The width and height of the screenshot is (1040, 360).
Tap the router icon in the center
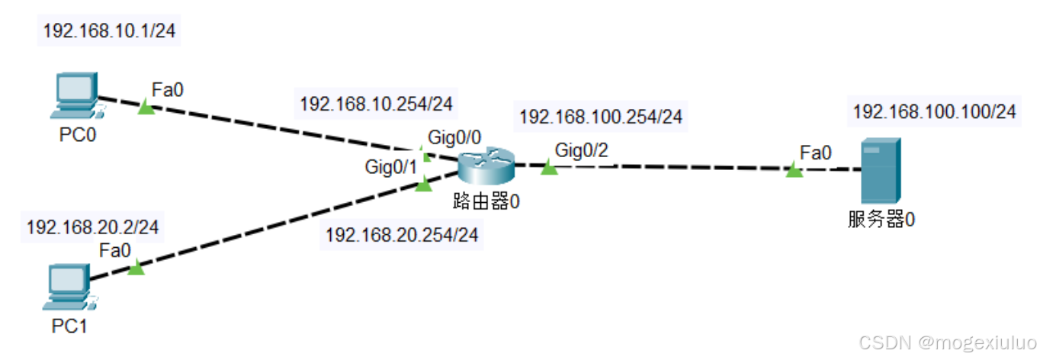[486, 167]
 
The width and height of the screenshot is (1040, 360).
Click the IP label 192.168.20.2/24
[93, 227]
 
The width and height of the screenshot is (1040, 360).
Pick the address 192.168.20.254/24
[402, 236]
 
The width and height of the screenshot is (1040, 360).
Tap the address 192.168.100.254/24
[600, 117]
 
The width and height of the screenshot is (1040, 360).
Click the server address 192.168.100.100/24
[934, 111]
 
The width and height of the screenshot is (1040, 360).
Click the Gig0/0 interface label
[454, 137]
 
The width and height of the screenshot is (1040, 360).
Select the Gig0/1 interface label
[390, 167]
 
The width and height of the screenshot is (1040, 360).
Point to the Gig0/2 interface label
[582, 150]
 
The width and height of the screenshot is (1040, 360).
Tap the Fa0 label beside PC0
[168, 90]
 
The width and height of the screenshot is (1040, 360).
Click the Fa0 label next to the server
[816, 153]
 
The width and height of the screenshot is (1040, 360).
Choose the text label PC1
[70, 326]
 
